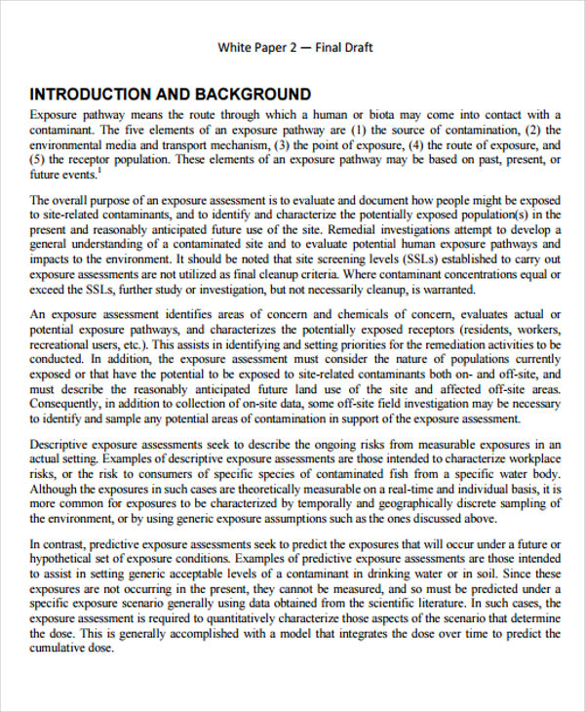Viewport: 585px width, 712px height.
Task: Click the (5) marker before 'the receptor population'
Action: tap(39, 159)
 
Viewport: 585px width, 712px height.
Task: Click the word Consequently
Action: tap(70, 404)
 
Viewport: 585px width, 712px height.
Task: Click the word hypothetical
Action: tap(67, 559)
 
